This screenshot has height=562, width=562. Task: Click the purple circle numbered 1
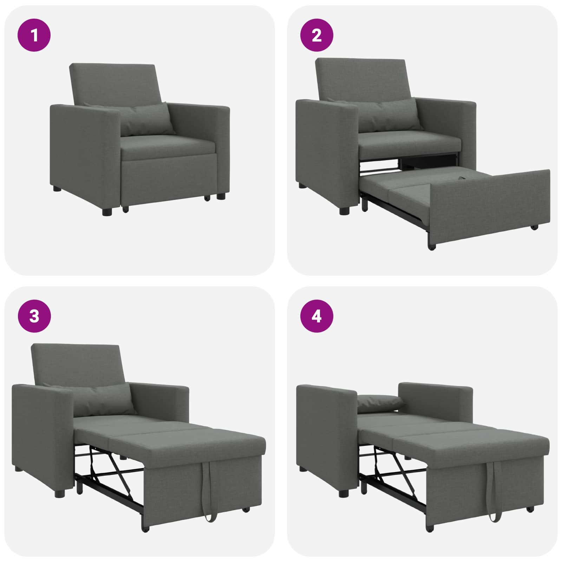34,35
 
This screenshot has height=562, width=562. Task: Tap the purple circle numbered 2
316,35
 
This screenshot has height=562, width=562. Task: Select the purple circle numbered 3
34,316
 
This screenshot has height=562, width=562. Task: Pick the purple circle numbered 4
316,316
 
